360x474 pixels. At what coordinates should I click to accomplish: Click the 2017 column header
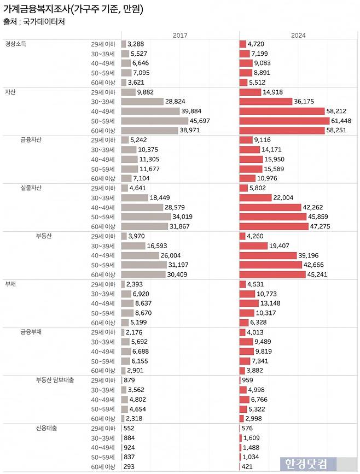click(180, 35)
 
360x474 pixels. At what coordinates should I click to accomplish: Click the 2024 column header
click(298, 35)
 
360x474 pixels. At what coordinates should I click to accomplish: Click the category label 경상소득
click(16, 44)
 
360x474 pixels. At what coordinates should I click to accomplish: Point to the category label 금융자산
click(31, 140)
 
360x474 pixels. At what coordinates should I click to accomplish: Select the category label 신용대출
click(47, 428)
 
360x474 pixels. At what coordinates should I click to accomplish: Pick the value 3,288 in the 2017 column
click(137, 44)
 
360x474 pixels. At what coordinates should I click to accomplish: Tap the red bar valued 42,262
click(271, 207)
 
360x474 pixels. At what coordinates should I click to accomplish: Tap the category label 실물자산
click(31, 188)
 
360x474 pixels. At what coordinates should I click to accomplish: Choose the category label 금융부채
click(31, 332)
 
